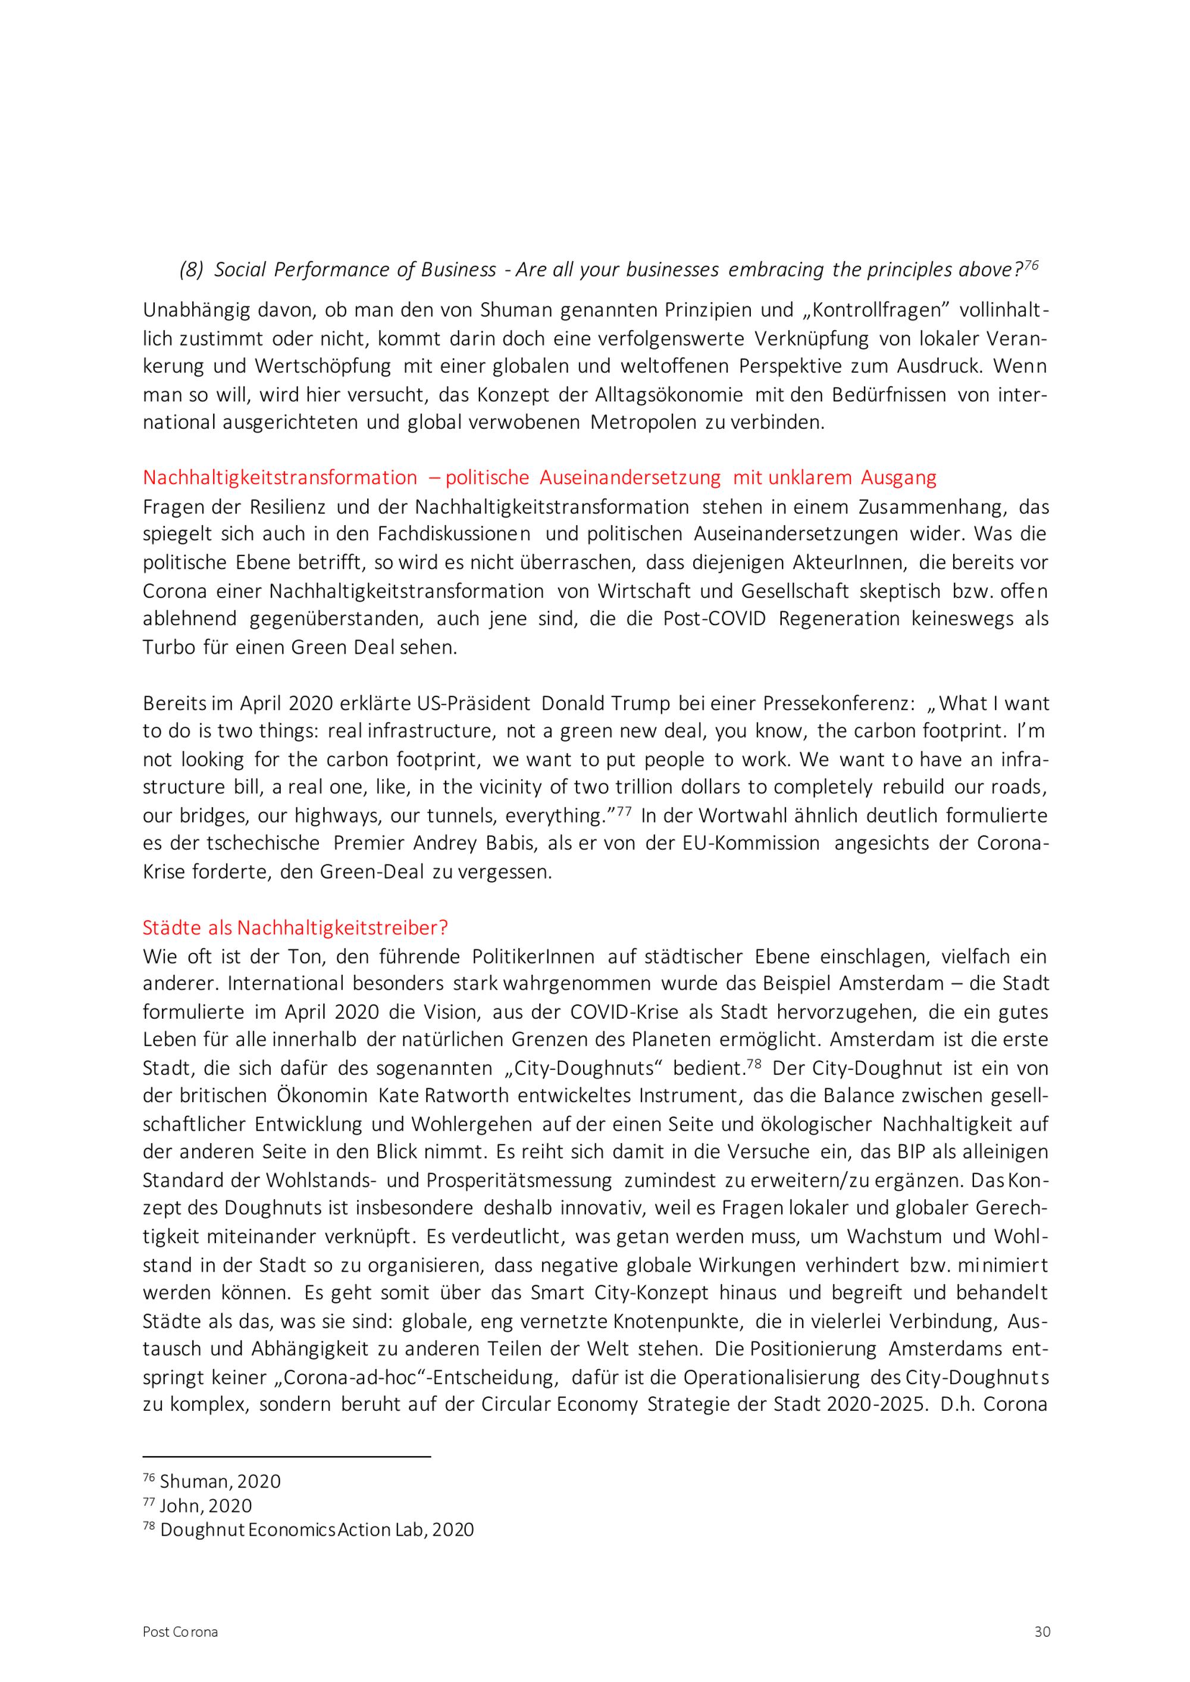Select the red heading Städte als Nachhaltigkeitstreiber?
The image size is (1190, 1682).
295,928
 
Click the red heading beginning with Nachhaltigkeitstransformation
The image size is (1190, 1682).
539,478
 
